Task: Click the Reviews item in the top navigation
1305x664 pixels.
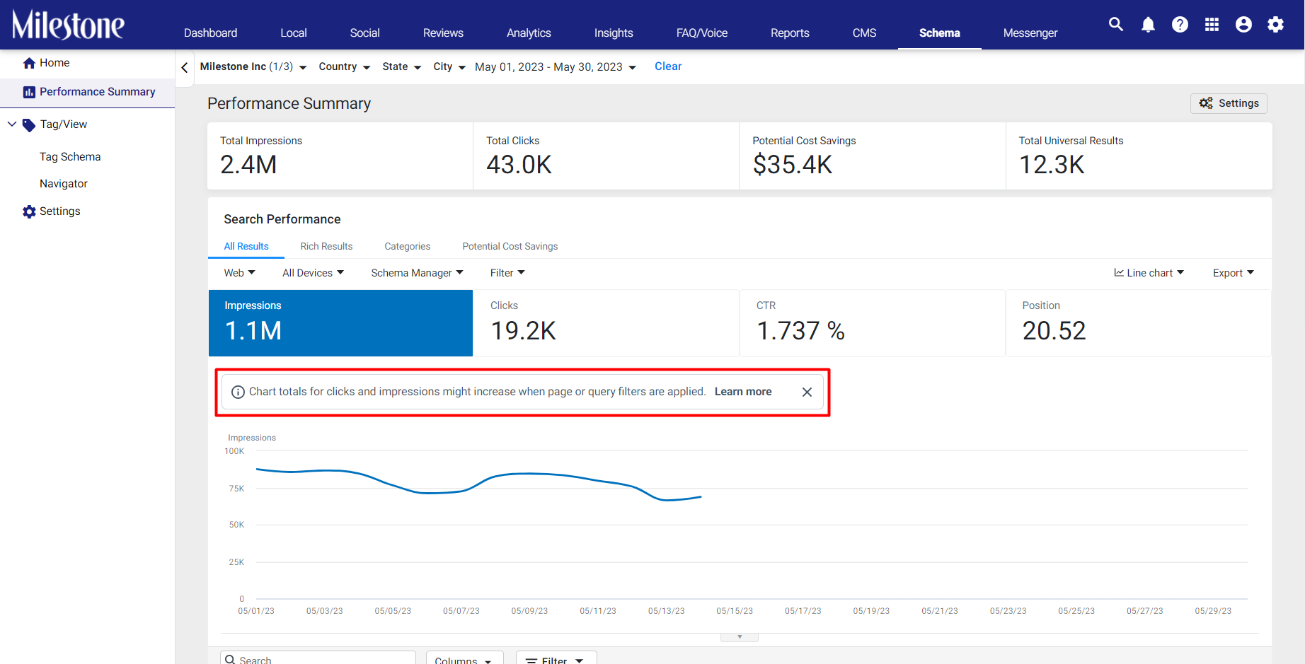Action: point(443,33)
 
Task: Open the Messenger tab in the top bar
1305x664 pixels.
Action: point(1030,33)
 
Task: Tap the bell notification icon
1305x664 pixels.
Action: point(1148,25)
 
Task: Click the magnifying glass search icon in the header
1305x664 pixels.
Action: point(1116,24)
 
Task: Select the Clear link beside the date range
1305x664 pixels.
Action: point(668,66)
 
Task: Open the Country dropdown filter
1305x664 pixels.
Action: point(345,66)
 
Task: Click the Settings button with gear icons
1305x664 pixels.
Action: point(1229,103)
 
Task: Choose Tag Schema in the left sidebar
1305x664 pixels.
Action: point(70,157)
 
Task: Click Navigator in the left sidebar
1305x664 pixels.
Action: point(64,184)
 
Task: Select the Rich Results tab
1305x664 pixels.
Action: point(326,246)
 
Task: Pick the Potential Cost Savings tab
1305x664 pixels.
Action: point(510,246)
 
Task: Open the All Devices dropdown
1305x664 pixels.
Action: point(314,273)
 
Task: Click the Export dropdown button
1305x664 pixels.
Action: point(1234,273)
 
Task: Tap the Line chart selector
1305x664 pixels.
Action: point(1149,273)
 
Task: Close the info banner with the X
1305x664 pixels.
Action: point(807,392)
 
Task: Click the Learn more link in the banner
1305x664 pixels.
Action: point(743,392)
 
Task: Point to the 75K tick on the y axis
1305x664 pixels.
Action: point(236,489)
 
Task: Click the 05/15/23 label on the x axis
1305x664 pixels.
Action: point(735,611)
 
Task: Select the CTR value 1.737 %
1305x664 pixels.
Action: point(800,331)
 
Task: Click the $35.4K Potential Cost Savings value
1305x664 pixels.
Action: point(793,165)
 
